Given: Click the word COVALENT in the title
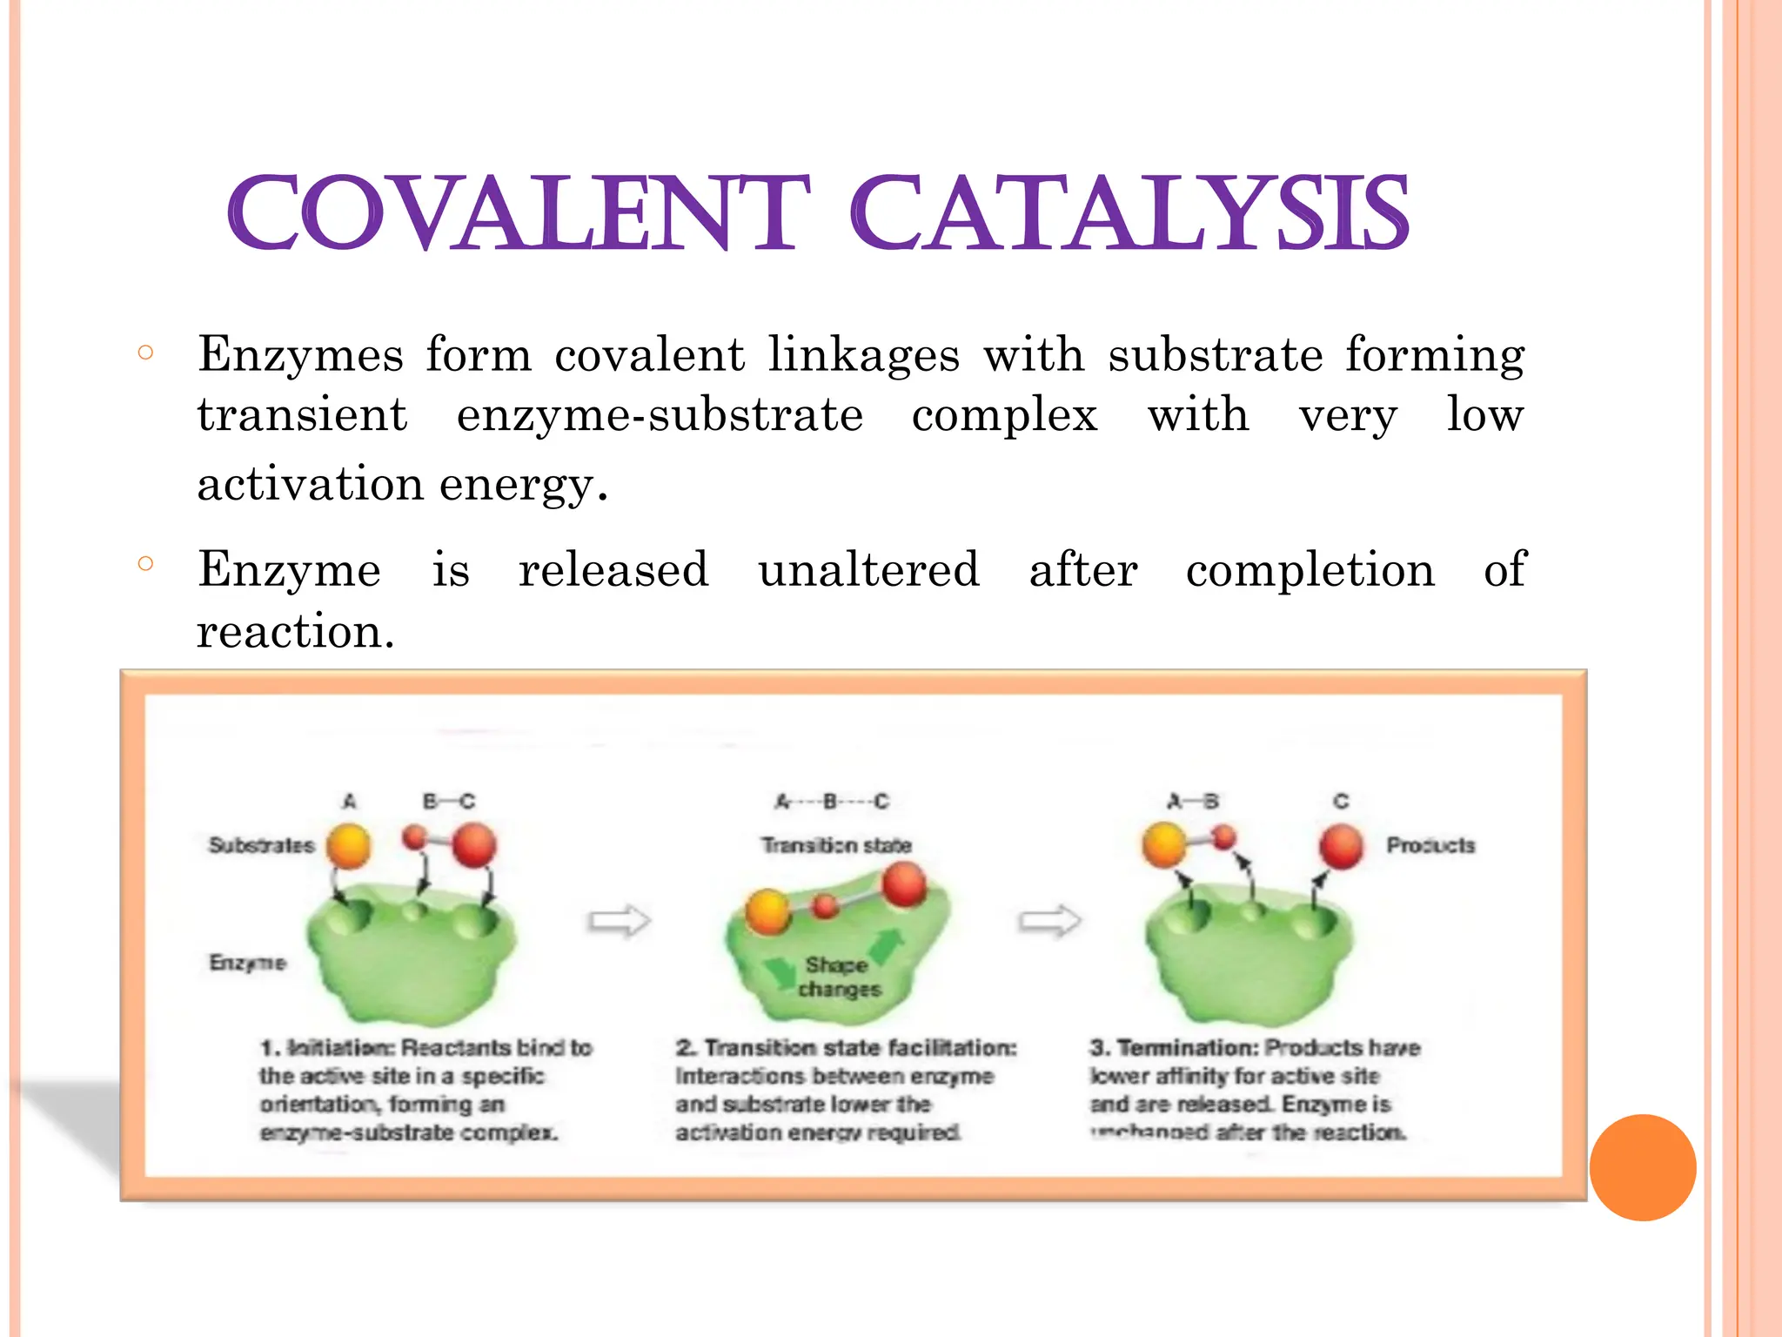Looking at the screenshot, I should tap(519, 214).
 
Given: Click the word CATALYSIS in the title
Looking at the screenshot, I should tap(1129, 214).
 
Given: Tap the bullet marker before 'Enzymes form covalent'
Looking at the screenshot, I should tap(145, 353).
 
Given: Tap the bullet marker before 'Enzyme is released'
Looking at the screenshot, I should tap(145, 564).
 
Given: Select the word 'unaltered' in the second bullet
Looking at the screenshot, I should tap(868, 570).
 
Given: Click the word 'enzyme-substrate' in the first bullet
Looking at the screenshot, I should tap(660, 415).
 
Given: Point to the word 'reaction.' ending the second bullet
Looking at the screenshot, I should tap(296, 631).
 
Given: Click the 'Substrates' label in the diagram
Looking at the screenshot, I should tap(261, 845).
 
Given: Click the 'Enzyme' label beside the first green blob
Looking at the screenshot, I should tap(247, 963).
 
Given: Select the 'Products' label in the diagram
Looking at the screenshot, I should tap(1430, 845).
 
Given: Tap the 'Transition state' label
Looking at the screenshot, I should tap(836, 845).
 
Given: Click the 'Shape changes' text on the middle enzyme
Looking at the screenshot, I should tap(838, 977).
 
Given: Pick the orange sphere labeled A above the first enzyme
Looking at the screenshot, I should tap(349, 846).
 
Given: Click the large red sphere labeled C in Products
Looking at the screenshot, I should tap(1341, 847).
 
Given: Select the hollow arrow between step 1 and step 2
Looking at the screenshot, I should tap(620, 921).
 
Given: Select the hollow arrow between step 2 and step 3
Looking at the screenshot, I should tap(1049, 921).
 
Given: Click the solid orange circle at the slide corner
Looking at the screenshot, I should tap(1643, 1167).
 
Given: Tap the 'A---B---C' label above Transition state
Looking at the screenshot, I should tap(833, 801).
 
